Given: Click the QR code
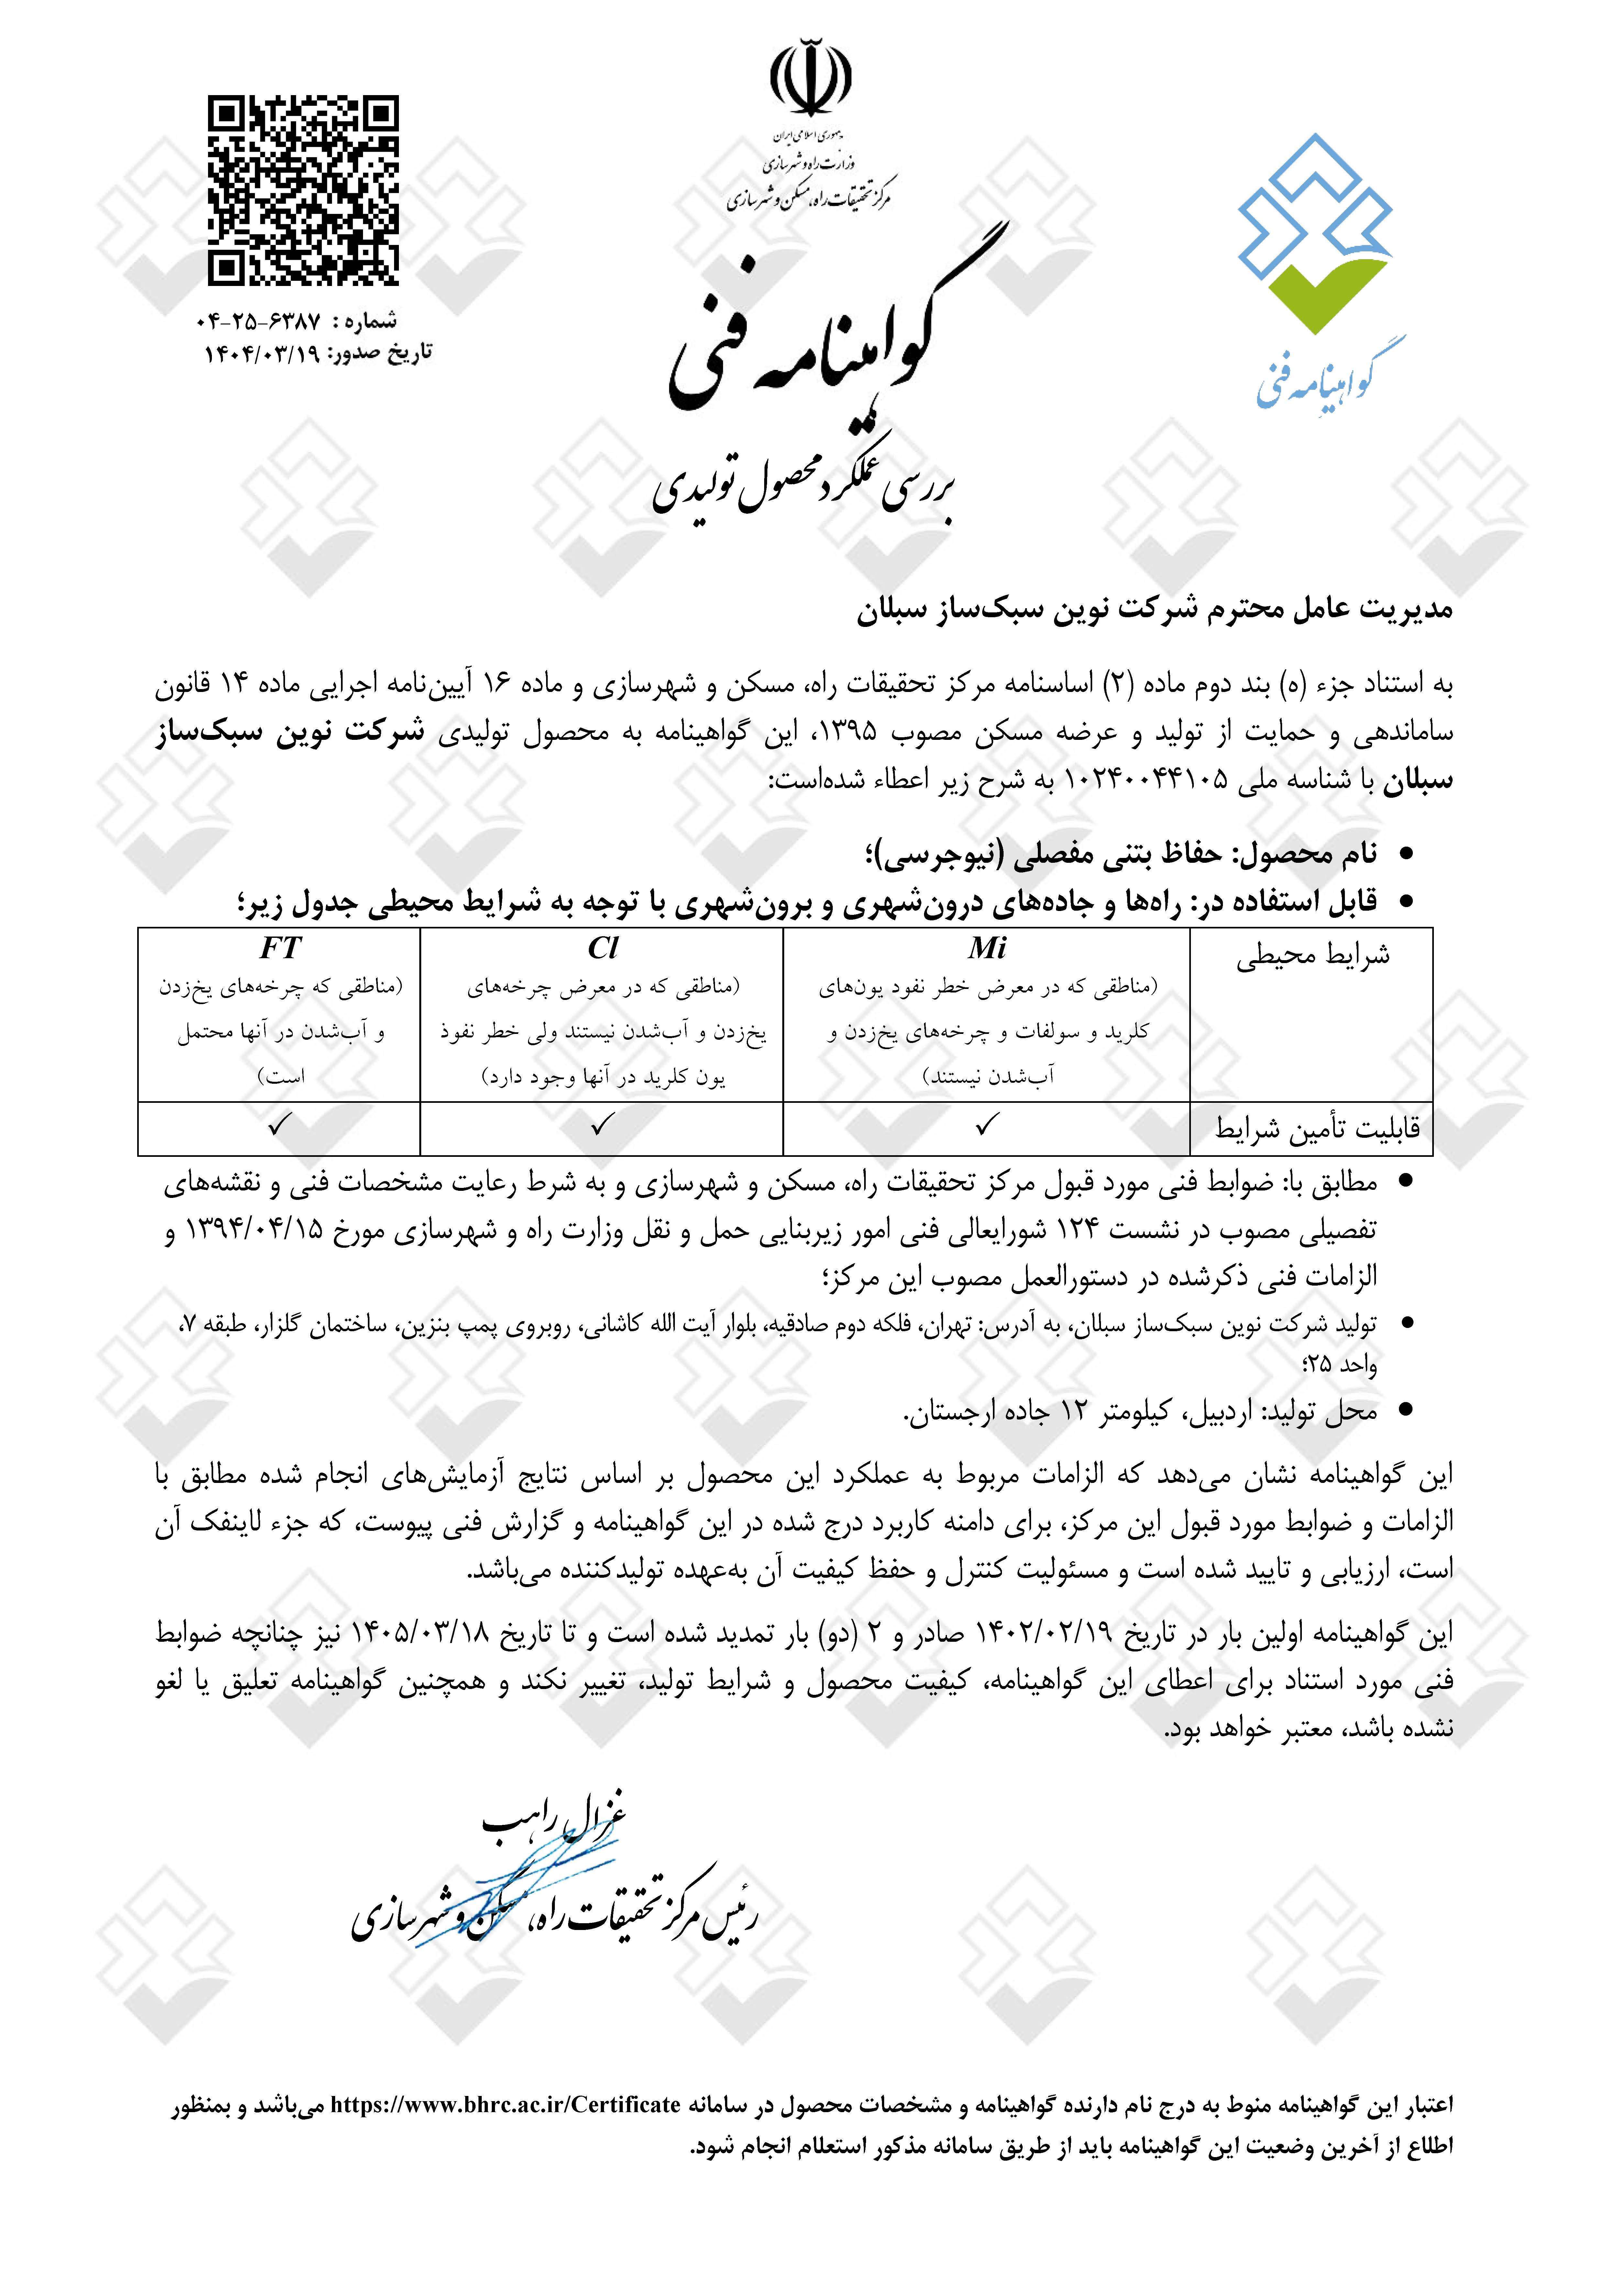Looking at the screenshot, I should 302,191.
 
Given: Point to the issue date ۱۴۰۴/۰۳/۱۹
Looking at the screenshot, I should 262,353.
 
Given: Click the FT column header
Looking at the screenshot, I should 280,948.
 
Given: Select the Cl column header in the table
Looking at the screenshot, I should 602,948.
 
